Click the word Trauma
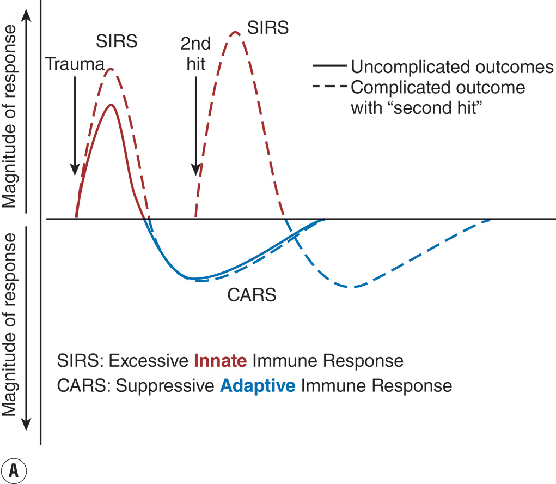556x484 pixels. [75, 65]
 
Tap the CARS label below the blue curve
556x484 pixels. [251, 296]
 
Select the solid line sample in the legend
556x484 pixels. [329, 66]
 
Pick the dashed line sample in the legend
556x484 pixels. [329, 87]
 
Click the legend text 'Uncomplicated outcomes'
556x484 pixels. [452, 67]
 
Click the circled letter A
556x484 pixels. [14, 470]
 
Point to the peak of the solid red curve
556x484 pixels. [112, 105]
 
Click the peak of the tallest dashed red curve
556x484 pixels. [235, 32]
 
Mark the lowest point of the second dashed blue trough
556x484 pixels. [353, 287]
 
